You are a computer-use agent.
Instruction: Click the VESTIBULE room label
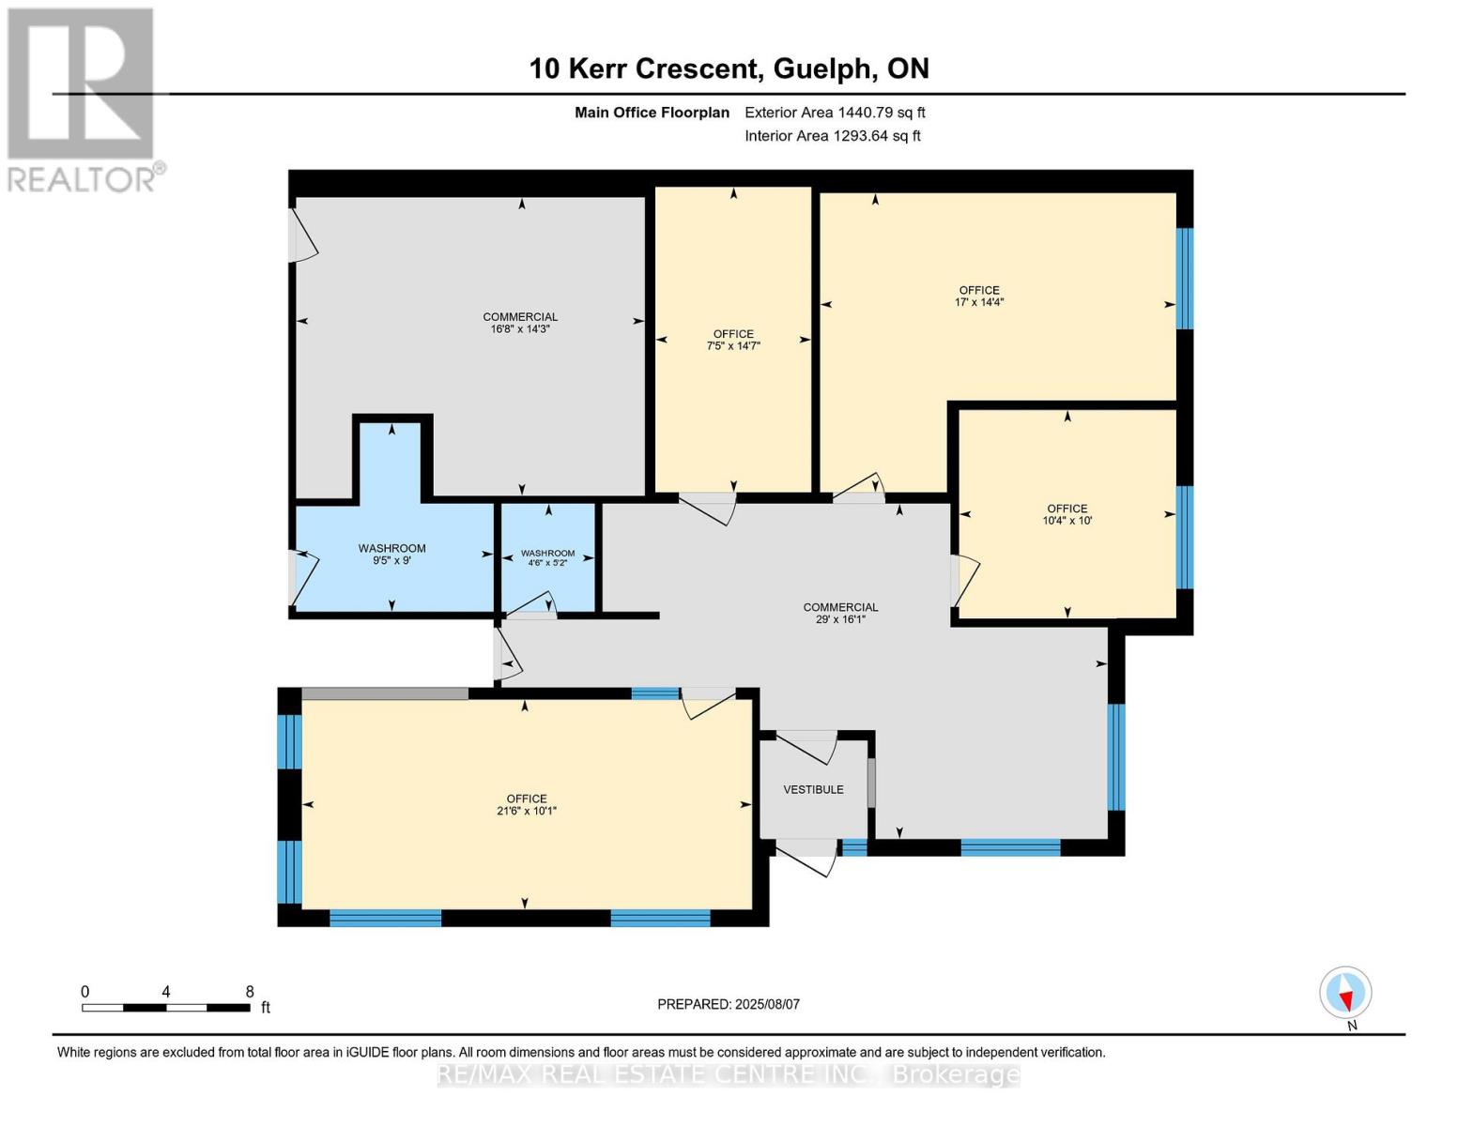point(813,789)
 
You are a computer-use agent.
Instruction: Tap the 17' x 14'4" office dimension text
point(979,302)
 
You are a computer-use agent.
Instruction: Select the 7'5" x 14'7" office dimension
point(733,346)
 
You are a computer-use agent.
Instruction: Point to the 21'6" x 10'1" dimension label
point(527,811)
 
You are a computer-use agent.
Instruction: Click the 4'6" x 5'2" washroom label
point(547,563)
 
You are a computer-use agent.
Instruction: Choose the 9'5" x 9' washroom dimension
point(391,560)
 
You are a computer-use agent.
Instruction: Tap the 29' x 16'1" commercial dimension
point(840,619)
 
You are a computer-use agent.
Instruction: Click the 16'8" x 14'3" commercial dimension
point(520,328)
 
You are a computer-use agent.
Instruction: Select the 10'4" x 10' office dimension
point(1067,520)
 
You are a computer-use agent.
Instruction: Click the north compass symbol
point(1345,993)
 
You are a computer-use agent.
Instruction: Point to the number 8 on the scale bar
point(250,991)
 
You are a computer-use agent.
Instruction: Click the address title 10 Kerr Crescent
point(646,68)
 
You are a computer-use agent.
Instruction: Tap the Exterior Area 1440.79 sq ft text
point(835,113)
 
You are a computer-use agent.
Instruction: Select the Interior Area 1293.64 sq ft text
point(833,136)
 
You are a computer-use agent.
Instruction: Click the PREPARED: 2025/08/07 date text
point(729,1004)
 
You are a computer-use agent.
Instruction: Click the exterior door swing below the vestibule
point(806,858)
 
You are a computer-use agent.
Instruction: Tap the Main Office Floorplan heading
point(652,113)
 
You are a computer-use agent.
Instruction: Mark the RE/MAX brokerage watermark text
point(729,1075)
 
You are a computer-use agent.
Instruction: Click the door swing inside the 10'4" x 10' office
point(966,581)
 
